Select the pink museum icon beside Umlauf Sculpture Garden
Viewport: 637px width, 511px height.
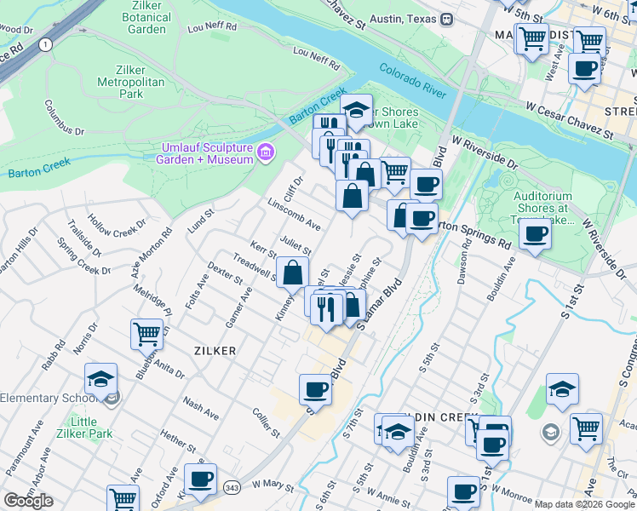point(267,152)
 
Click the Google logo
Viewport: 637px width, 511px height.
point(28,500)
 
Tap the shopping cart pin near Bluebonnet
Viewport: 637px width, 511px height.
point(147,333)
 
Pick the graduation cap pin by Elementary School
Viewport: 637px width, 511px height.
point(100,378)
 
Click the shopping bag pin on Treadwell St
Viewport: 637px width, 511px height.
point(292,273)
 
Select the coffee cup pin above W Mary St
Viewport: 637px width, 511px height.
point(200,479)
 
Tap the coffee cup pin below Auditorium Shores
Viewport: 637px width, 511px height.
point(534,233)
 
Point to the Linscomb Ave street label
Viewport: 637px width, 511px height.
point(293,214)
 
